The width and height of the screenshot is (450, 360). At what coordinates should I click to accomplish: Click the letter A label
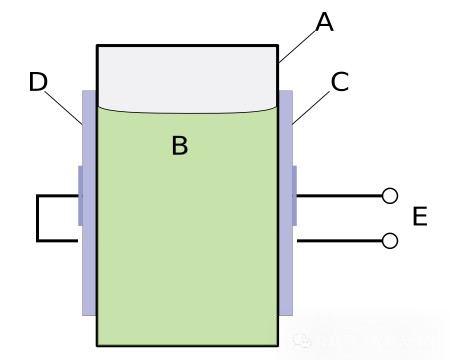[x=324, y=22]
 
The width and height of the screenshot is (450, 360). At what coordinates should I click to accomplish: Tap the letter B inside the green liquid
[x=180, y=145]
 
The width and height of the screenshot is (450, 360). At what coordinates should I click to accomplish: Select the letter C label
[x=340, y=82]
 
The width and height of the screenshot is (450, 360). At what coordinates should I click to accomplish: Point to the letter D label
[x=38, y=82]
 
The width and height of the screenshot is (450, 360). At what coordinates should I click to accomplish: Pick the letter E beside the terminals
[x=420, y=216]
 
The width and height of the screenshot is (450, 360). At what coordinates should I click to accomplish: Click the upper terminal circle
[x=390, y=196]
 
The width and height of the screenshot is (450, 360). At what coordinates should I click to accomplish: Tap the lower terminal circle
[x=390, y=241]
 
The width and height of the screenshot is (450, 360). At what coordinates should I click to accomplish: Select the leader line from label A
[x=297, y=46]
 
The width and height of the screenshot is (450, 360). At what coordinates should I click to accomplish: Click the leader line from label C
[x=311, y=107]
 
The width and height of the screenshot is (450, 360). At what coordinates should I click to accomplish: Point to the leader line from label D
[x=63, y=107]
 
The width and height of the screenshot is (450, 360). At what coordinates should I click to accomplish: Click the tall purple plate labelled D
[x=89, y=203]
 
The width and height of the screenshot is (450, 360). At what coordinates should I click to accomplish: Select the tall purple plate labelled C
[x=286, y=203]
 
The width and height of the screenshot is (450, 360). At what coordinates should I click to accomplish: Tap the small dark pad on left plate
[x=80, y=196]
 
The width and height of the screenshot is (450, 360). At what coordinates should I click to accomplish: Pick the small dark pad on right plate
[x=295, y=196]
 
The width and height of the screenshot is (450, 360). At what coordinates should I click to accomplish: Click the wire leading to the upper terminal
[x=339, y=196]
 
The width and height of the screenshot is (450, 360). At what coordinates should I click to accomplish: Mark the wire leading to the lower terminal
[x=339, y=241]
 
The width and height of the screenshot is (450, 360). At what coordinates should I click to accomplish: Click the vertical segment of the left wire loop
[x=38, y=218]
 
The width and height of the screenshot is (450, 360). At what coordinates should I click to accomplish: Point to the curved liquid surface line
[x=187, y=112]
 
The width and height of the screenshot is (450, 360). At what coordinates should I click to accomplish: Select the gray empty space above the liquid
[x=187, y=78]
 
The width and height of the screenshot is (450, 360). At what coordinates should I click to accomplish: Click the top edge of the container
[x=187, y=45]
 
